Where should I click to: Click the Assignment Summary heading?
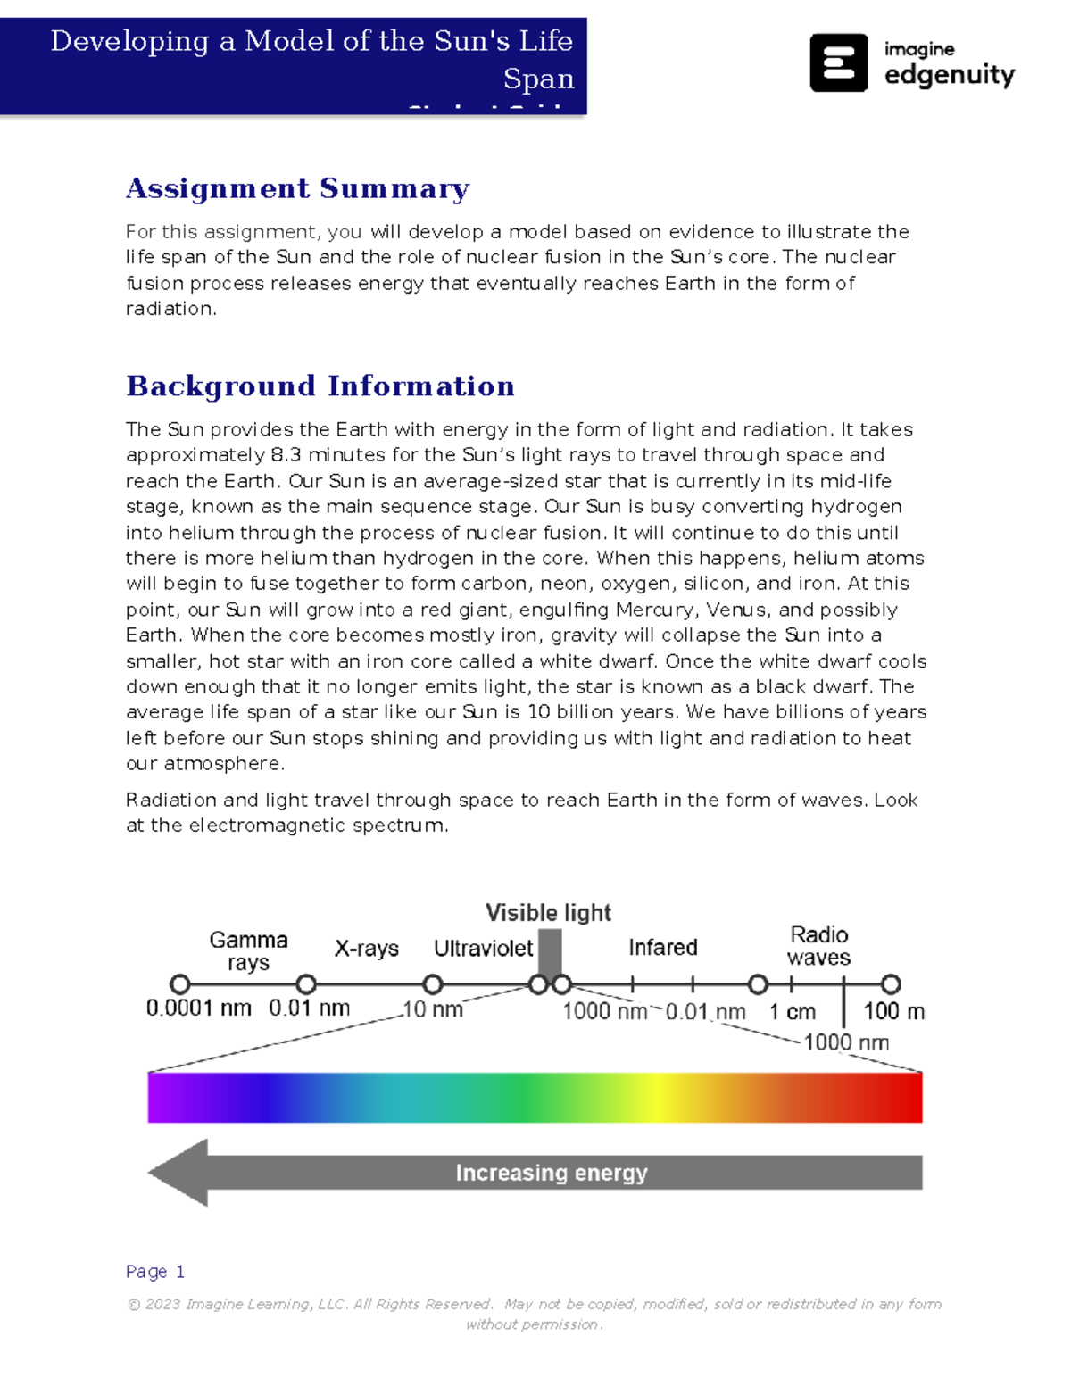click(x=297, y=188)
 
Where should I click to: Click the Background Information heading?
click(x=320, y=386)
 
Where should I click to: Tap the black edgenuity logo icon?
click(x=838, y=62)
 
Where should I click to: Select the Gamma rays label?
click(x=248, y=951)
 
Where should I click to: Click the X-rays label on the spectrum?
click(x=366, y=949)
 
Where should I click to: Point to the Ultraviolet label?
click(x=483, y=949)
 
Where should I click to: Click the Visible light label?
click(x=548, y=913)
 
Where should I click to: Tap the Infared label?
click(x=662, y=948)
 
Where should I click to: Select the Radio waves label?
click(x=818, y=946)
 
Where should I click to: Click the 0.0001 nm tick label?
click(x=198, y=1008)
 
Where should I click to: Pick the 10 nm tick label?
click(x=433, y=1009)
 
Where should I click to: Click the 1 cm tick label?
click(x=793, y=1012)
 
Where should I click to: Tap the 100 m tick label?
click(x=893, y=1011)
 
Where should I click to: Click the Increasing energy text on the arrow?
click(x=551, y=1173)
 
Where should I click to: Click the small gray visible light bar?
click(x=550, y=952)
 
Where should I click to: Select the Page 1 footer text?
click(x=155, y=1271)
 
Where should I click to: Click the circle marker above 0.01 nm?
click(x=306, y=984)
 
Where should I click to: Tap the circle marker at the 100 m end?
click(x=891, y=984)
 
